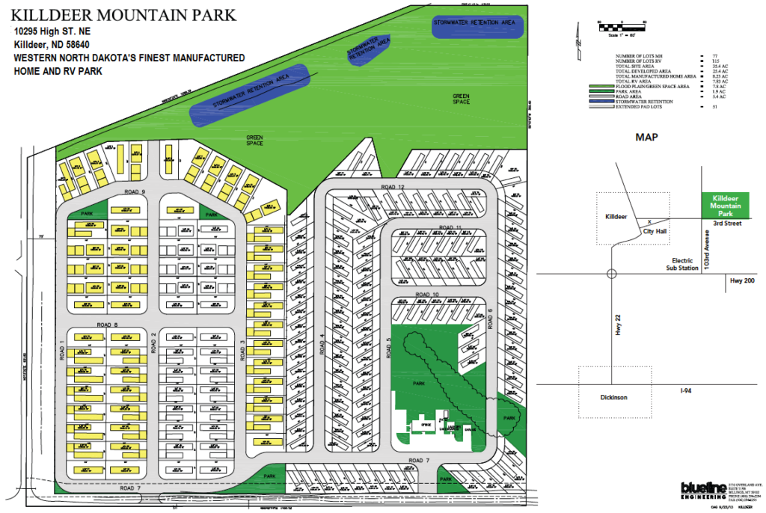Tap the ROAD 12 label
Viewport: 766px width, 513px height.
click(x=392, y=186)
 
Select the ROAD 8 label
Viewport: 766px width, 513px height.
click(x=108, y=325)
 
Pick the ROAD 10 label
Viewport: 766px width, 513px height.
click(x=429, y=295)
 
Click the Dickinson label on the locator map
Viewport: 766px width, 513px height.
click(x=615, y=396)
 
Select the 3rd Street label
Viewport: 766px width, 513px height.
click(x=726, y=223)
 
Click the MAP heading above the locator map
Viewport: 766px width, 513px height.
click(x=647, y=138)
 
